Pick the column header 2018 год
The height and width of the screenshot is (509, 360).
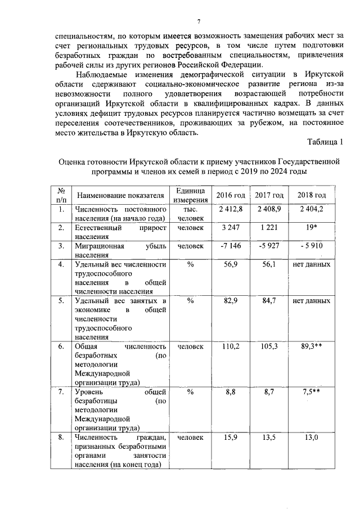pyautogui.click(x=312, y=195)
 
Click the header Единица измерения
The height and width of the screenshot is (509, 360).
pyautogui.click(x=190, y=195)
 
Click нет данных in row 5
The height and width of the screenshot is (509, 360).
pyautogui.click(x=312, y=301)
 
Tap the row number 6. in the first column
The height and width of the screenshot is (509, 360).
pyautogui.click(x=61, y=346)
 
